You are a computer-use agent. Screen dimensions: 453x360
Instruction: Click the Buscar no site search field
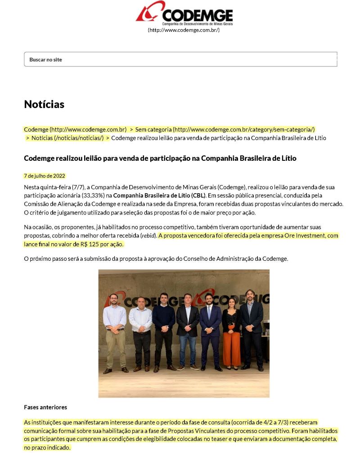(180, 59)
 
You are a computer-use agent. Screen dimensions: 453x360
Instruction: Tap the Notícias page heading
(44, 104)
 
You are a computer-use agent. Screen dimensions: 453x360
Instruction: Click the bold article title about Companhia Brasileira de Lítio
(160, 158)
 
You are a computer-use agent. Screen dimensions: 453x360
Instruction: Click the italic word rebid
(147, 236)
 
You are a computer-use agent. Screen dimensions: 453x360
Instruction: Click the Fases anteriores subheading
(45, 407)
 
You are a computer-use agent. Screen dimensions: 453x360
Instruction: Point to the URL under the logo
(184, 30)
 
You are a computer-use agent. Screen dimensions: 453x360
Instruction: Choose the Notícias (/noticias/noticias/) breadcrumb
(67, 138)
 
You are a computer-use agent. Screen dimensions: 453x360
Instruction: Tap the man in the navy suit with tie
(210, 331)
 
